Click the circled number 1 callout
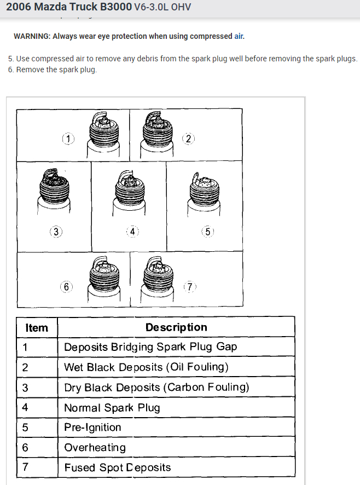67,138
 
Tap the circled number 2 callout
189,138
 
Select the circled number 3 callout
56,231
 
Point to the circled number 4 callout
132,231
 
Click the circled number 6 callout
66,287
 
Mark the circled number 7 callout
190,287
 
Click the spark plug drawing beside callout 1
103,134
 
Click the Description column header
176,327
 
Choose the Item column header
37,328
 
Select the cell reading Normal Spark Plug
112,408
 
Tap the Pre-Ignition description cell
92,428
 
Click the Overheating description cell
95,448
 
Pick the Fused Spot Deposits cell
118,467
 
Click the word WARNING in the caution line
32,36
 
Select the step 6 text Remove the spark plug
56,70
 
